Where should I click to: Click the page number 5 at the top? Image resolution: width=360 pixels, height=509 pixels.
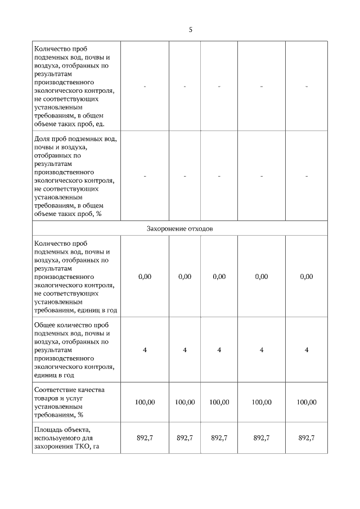pos(190,29)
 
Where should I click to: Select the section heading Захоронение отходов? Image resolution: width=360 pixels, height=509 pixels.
pos(180,228)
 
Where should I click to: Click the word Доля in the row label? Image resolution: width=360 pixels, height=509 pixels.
pos(43,138)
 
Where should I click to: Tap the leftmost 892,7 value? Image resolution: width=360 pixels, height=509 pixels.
pos(145,438)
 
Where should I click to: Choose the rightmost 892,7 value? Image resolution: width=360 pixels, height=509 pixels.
pos(306,438)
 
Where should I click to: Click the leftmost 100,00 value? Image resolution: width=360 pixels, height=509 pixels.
pos(145,402)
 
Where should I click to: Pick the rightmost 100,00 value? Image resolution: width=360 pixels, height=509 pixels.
pos(306,402)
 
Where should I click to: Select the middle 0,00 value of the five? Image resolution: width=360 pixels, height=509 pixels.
pos(219,277)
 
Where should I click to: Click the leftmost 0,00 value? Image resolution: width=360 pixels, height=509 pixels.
pos(145,277)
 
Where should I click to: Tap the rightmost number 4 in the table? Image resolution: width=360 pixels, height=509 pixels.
pos(306,350)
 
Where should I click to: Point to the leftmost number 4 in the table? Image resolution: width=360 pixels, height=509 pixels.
pos(145,350)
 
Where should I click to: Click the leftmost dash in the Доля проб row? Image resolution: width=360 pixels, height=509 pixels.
pos(145,176)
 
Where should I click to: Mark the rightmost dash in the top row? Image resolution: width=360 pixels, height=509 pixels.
pos(306,86)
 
